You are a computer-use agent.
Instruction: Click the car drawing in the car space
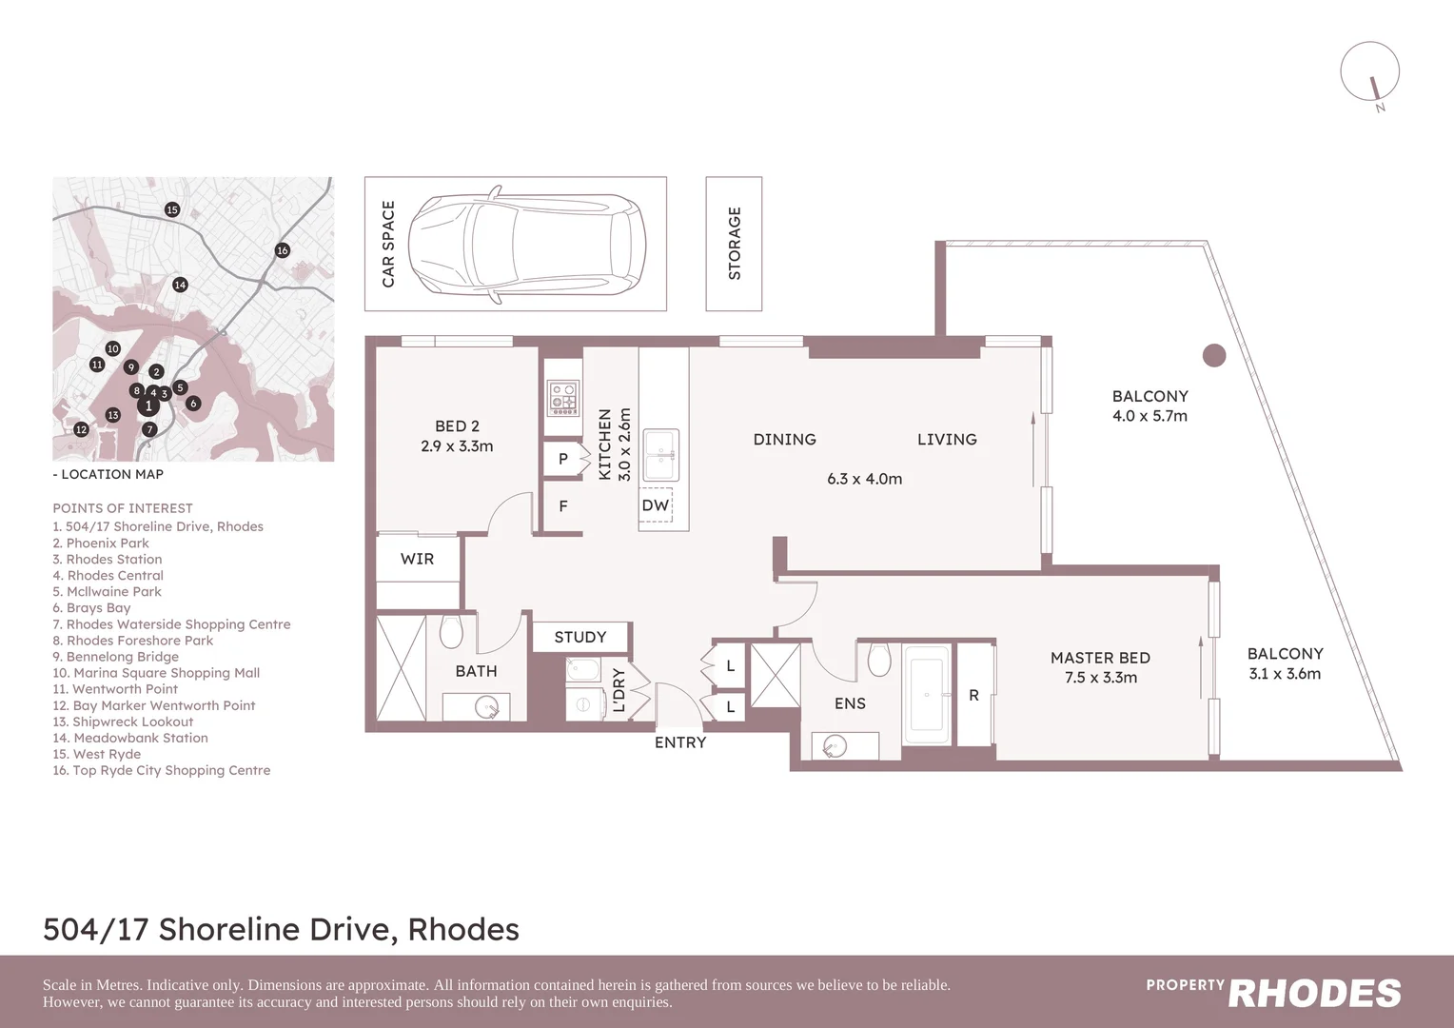coord(526,244)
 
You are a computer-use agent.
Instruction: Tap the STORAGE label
coord(734,244)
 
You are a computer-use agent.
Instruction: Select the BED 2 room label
coord(457,426)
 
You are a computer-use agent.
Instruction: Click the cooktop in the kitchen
coord(563,399)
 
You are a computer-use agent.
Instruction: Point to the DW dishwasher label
coord(655,505)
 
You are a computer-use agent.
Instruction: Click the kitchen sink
coord(660,455)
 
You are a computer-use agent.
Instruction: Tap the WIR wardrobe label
coord(417,559)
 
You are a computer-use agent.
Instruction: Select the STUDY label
coord(580,637)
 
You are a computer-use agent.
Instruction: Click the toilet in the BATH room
coord(451,630)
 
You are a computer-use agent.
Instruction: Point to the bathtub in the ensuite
coord(926,695)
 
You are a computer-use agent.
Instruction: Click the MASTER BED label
coord(1100,658)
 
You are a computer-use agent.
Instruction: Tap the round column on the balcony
coord(1213,355)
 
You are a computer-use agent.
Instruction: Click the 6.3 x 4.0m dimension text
coord(864,479)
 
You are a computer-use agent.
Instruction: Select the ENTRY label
coord(679,742)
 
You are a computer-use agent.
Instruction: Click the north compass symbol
coord(1370,72)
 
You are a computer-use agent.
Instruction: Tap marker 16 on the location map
coord(282,250)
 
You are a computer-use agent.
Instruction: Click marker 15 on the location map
coord(172,209)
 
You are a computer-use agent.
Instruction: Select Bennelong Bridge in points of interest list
coord(116,657)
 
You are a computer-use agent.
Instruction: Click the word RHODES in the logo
coord(1314,994)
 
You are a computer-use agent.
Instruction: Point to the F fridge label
coord(562,506)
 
